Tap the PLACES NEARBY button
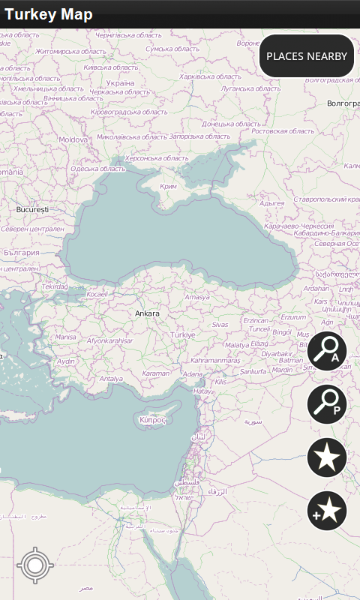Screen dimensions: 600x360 coord(307,56)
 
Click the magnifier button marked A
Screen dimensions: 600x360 coord(327,350)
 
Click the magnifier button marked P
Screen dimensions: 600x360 coord(327,403)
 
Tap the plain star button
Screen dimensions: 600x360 coord(327,457)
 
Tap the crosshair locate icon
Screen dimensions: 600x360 coord(34,566)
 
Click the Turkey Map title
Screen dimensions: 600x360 coord(49,15)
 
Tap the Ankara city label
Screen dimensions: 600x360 coord(147,313)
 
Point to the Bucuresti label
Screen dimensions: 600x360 coord(32,210)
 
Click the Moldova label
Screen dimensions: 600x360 coord(73,139)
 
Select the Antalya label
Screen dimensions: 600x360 coord(111,379)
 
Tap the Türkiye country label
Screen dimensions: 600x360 coord(183,334)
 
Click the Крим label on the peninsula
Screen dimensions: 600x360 coord(169,186)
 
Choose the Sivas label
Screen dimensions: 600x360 coord(220,325)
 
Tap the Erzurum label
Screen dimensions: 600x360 coord(292,317)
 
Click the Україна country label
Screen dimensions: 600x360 coord(120,83)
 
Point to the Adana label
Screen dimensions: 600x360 coord(193,373)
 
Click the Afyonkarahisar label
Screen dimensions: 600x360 coord(110,340)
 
